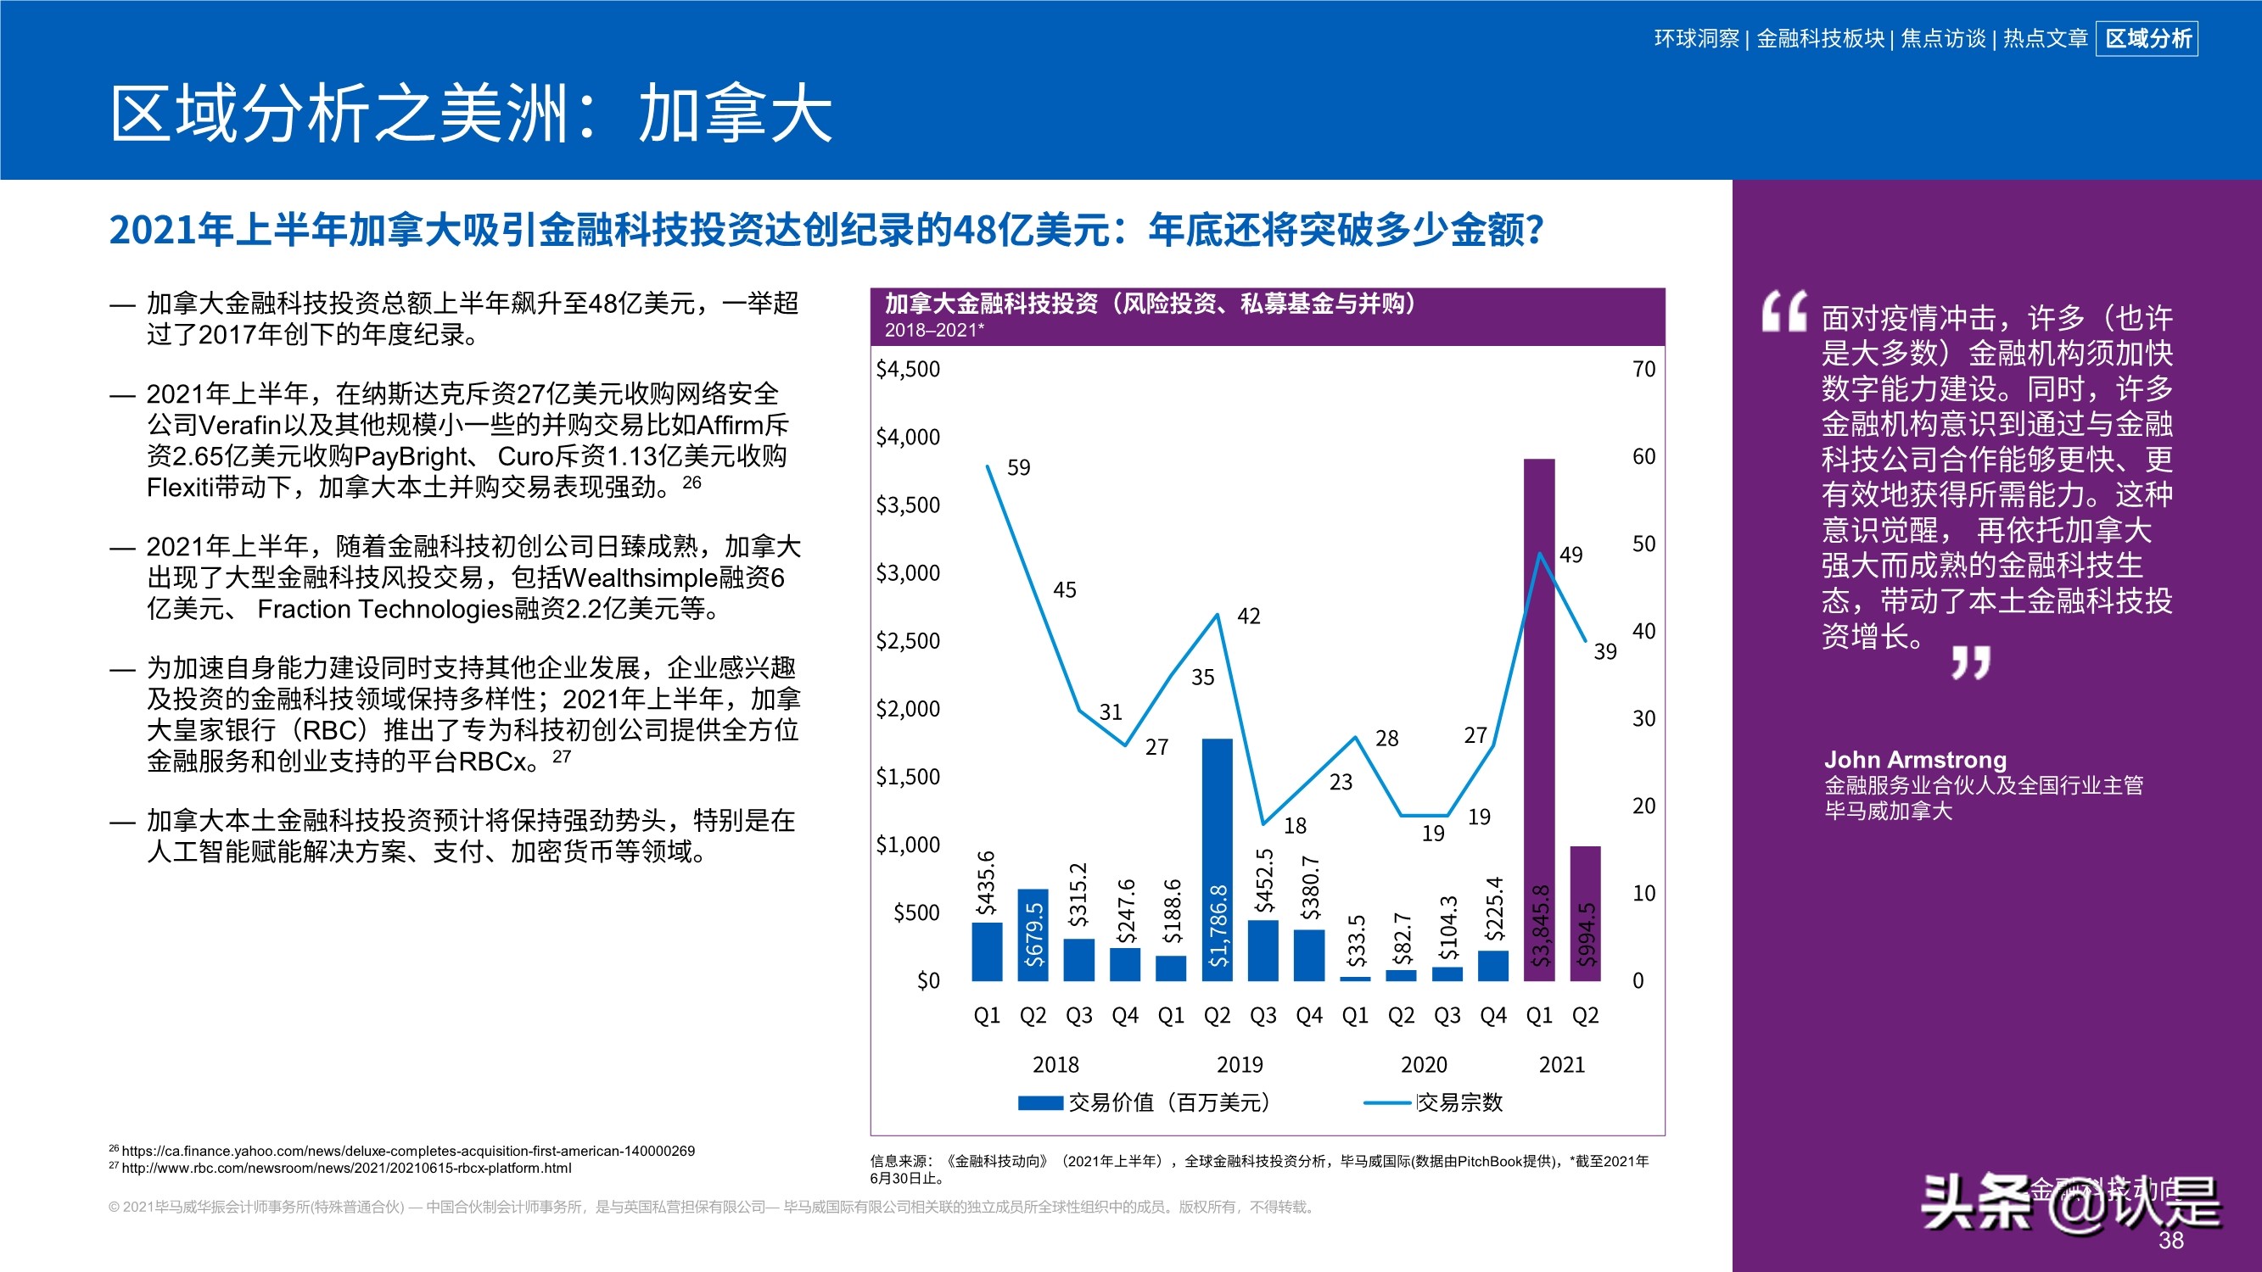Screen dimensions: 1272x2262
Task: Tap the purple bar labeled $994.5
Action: (1585, 913)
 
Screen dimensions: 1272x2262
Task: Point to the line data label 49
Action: (1571, 555)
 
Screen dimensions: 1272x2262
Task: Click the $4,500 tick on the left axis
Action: (908, 369)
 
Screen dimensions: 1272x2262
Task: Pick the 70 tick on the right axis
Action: (1643, 369)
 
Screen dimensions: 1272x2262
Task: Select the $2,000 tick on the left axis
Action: (908, 708)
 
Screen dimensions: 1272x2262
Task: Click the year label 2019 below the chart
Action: (1239, 1065)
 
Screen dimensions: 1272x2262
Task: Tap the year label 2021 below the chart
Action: (1561, 1065)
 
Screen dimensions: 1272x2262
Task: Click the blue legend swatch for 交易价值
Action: (1040, 1102)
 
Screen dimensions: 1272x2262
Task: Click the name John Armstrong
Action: (1915, 759)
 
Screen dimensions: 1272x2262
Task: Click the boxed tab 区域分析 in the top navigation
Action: (2147, 39)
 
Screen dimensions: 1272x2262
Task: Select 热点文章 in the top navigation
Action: (2045, 39)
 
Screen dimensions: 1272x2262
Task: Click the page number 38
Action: (2170, 1241)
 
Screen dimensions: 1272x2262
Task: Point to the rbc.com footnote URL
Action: (346, 1168)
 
